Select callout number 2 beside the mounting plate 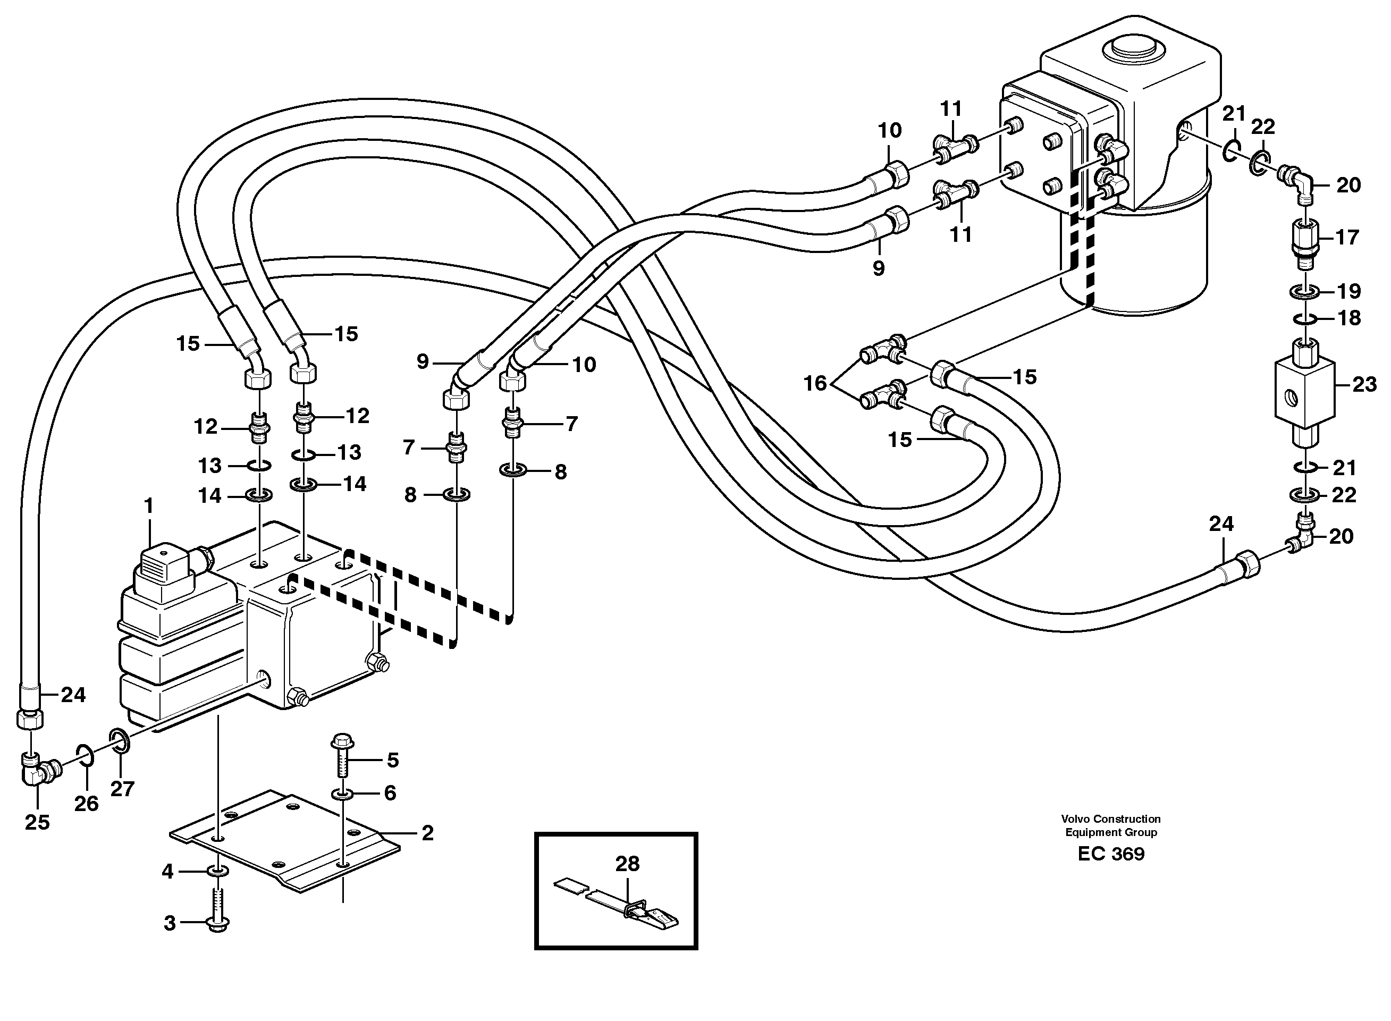point(427,833)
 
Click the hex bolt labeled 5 point(342,756)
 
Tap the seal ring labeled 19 point(1304,291)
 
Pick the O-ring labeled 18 point(1304,318)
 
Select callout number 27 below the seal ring point(122,789)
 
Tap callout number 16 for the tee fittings point(814,384)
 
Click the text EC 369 point(1110,854)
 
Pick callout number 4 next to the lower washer point(168,872)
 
